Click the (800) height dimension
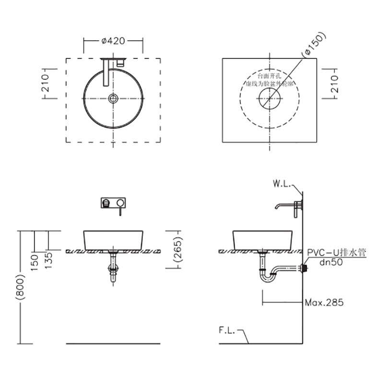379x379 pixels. [x=20, y=287]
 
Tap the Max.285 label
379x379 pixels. [x=324, y=303]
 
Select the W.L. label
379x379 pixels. [x=283, y=184]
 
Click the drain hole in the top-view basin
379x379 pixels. [x=113, y=99]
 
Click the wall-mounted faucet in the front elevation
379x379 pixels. [x=113, y=203]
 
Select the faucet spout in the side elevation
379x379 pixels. [x=284, y=206]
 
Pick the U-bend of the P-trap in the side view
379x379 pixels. [x=267, y=277]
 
